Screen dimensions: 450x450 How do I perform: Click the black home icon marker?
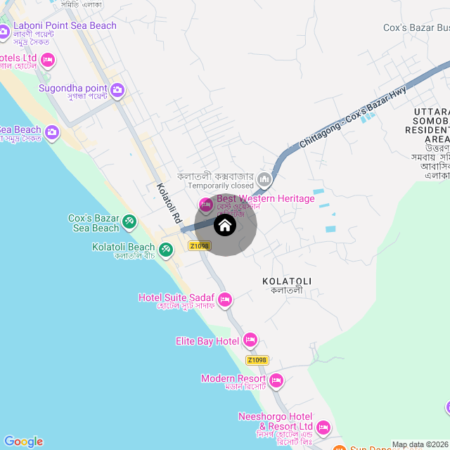224,226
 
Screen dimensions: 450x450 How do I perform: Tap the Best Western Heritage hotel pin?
206,205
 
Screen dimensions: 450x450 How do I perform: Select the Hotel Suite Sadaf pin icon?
225,300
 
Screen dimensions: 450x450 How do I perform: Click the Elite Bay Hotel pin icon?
250,341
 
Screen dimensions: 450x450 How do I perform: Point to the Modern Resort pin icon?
276,380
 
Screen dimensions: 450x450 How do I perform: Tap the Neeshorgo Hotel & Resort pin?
323,427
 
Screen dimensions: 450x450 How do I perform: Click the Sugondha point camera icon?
117,89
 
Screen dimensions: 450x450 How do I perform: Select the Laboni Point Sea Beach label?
65,26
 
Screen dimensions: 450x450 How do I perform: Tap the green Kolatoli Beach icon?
166,249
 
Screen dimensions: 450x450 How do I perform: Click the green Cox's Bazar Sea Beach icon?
129,222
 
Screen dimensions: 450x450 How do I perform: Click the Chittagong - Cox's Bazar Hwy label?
353,116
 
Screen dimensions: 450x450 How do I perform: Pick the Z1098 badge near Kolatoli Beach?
199,246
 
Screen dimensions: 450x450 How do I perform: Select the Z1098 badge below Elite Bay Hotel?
257,360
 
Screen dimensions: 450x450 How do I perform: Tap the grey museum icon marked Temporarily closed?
264,179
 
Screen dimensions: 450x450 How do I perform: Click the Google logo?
23,442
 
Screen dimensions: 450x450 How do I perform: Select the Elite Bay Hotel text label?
207,341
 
